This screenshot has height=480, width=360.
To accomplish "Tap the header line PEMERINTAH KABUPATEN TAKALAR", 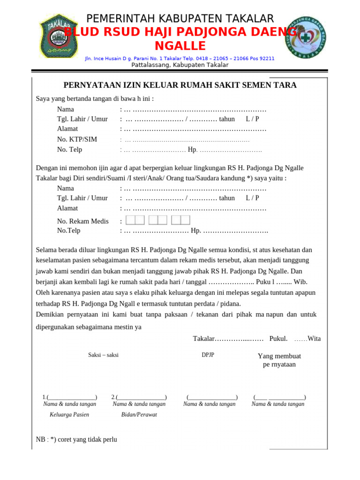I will coord(180,19).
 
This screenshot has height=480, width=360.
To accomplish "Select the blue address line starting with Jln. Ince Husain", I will coord(180,59).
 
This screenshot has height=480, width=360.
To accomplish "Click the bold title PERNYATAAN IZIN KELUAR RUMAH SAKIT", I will coord(180,85).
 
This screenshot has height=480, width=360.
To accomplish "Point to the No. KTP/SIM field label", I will coord(77,139).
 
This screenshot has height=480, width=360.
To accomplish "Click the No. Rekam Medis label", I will coord(82,221).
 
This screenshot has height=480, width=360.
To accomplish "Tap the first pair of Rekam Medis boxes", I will coord(135,220).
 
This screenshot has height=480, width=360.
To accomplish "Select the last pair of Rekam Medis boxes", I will coord(180,220).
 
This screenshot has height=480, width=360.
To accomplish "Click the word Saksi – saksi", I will coord(103,355).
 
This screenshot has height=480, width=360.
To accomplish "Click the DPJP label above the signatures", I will coord(208,355).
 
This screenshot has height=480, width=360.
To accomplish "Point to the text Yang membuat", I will coord(279,356).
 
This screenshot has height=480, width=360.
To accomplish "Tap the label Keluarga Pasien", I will coord(69,414).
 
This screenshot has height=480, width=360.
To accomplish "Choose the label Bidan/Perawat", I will coord(139,414).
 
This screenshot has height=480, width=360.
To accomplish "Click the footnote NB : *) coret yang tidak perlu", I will coord(76,440).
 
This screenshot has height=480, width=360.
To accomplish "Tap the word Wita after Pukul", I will coord(314,338).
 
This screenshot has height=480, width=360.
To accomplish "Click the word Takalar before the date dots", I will coord(203,338).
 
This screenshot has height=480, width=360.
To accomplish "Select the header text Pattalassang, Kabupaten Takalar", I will coord(180,65).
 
